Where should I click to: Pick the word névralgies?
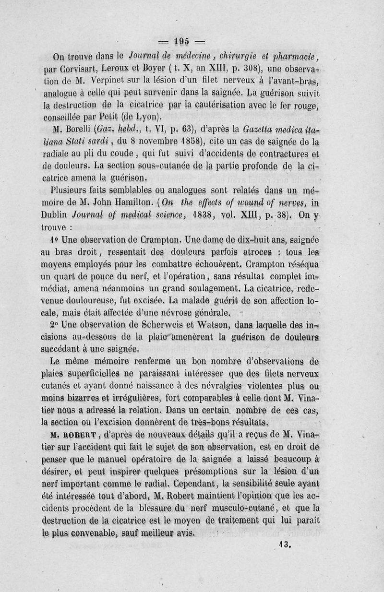tap(228, 385)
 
